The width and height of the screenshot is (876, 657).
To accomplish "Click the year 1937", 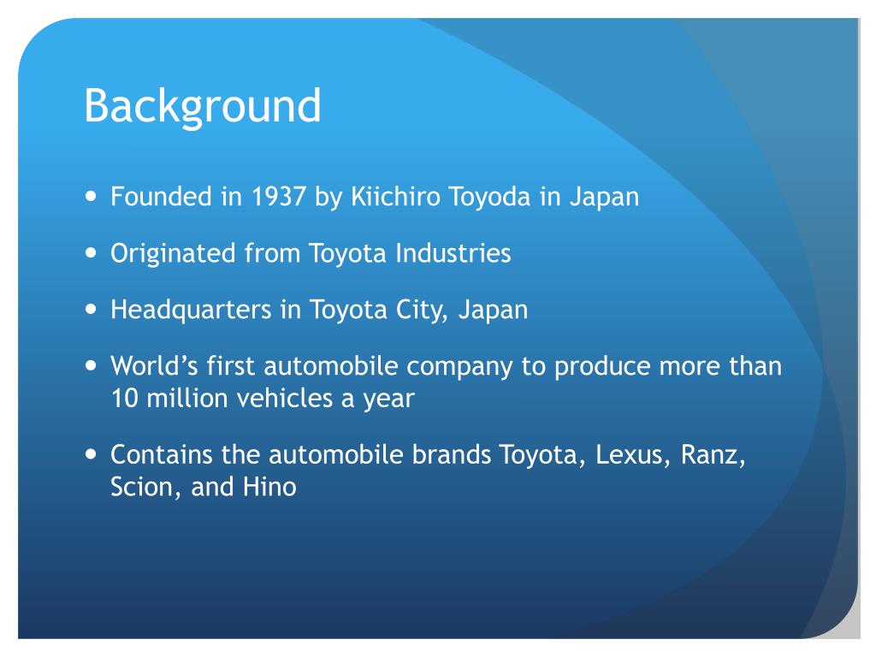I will pos(280,197).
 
